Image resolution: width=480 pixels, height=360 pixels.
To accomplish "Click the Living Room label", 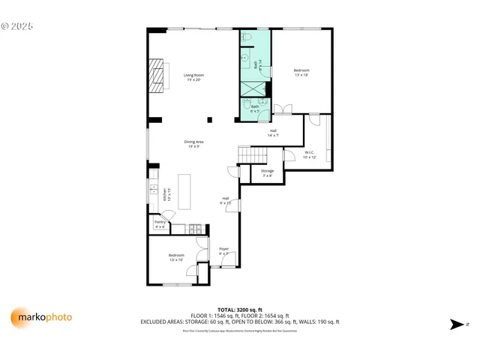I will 194,77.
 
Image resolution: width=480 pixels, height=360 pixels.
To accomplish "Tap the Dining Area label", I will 194,144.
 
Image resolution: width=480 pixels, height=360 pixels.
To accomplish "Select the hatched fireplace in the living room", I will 157,76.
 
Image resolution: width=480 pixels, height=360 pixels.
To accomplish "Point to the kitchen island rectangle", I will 184,193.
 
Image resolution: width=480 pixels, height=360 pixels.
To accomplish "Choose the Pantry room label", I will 160,223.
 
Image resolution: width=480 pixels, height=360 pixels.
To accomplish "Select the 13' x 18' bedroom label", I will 301,73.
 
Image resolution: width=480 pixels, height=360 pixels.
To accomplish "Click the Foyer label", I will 223,251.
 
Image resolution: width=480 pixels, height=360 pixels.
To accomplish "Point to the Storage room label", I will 267,173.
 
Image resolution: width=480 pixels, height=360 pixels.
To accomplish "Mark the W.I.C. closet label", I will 310,155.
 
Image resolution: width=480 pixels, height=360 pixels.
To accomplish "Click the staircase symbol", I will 253,154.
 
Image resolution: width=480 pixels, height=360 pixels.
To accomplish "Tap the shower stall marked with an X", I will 256,88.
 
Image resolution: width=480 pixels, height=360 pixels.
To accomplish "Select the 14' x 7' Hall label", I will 274,133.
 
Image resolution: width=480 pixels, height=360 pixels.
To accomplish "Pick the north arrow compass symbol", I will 457,324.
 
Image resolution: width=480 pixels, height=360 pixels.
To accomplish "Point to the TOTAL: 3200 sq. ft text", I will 239,310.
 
